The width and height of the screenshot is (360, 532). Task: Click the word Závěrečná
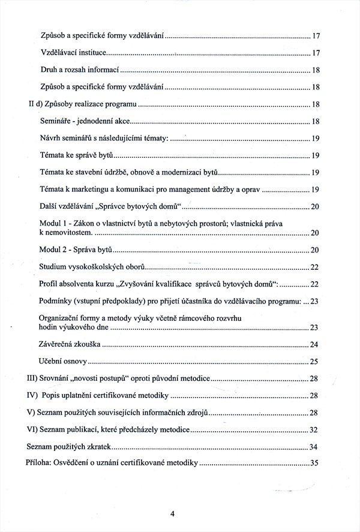[58, 344]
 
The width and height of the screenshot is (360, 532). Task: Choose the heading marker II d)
[35, 105]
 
